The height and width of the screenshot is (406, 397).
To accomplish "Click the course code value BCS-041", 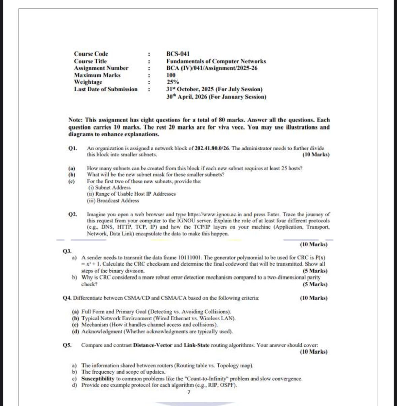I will click(x=178, y=54).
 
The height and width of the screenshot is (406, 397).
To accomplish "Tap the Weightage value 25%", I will click(x=173, y=82).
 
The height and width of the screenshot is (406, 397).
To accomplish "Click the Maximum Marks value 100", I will click(x=171, y=75).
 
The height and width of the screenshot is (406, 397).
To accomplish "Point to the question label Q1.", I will click(x=73, y=148).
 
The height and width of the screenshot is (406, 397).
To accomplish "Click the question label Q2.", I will click(x=73, y=214).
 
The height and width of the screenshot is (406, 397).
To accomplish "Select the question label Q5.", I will click(x=67, y=345).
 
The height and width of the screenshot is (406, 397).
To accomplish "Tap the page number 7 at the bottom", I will click(x=189, y=392).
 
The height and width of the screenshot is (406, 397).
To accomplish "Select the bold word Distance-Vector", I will click(x=153, y=345).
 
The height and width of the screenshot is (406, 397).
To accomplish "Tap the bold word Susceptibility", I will click(x=98, y=379).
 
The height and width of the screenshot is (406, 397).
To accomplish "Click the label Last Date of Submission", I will click(x=106, y=89).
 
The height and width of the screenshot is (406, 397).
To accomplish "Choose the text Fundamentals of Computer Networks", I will click(x=216, y=61).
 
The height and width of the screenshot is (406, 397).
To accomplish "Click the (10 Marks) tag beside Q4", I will click(x=313, y=298).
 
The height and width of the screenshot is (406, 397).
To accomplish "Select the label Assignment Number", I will click(x=101, y=68).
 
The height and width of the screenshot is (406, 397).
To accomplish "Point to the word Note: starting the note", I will click(x=76, y=120).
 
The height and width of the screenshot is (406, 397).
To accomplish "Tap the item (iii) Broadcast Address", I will click(x=113, y=201).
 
